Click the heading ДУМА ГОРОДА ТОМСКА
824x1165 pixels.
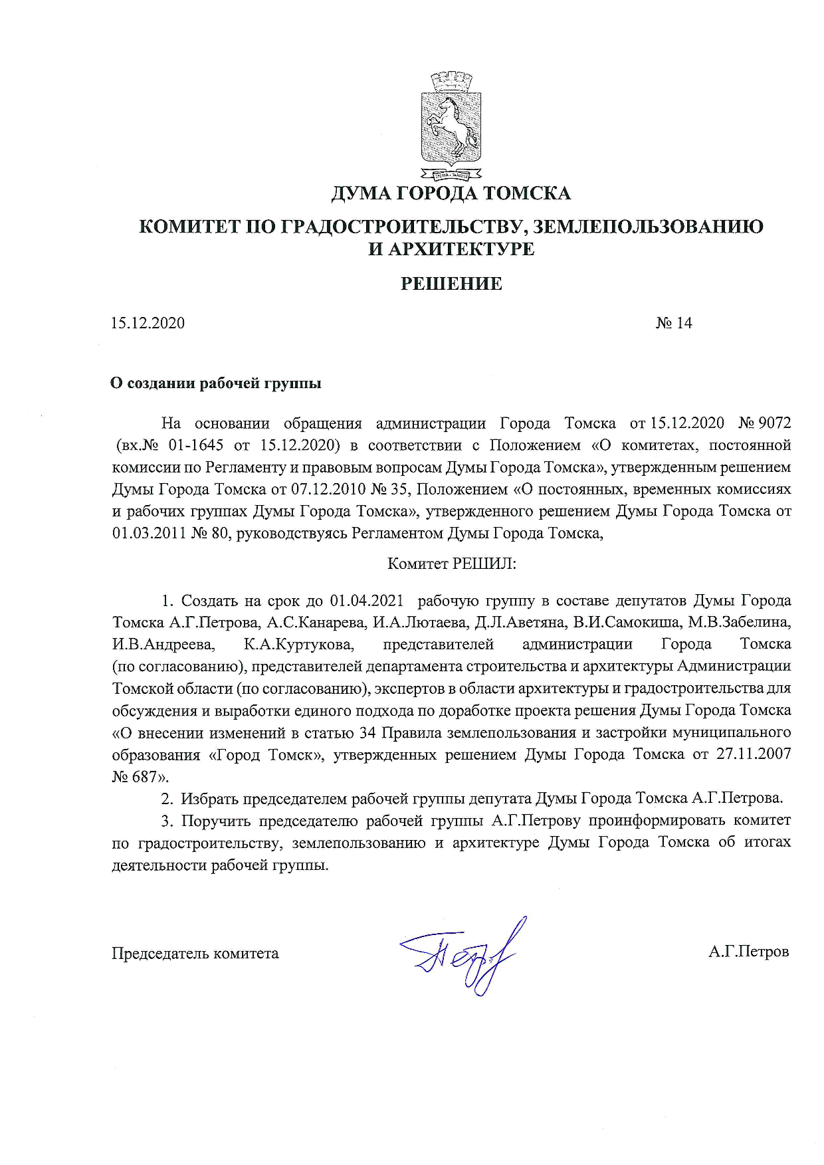(x=451, y=193)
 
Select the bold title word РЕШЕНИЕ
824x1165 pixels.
(x=451, y=284)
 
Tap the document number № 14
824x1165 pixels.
(x=674, y=323)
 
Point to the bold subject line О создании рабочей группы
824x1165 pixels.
(x=216, y=383)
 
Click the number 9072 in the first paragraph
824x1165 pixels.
(x=773, y=423)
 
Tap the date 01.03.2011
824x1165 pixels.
(x=149, y=533)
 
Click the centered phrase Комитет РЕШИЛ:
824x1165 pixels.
(x=452, y=564)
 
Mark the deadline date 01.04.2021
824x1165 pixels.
(x=367, y=601)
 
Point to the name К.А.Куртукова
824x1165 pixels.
(x=299, y=645)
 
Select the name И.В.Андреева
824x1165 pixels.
(x=163, y=645)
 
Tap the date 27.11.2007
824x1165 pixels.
(x=754, y=754)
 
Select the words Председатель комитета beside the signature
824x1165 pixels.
(x=195, y=953)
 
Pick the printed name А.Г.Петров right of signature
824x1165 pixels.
(x=748, y=952)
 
